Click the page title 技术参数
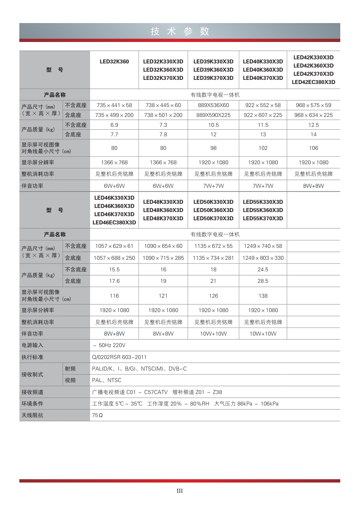click(180, 31)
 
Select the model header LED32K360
click(114, 62)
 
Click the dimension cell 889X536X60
click(213, 105)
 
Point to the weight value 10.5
click(213, 125)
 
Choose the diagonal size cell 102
click(263, 148)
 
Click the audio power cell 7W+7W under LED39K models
click(213, 186)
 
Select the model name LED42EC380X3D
click(313, 82)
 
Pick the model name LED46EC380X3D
click(114, 223)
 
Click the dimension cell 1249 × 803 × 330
click(263, 258)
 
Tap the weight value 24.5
click(263, 270)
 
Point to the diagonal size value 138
click(263, 296)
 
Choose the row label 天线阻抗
click(32, 415)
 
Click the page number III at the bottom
click(180, 491)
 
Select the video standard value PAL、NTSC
click(107, 380)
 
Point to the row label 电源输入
click(32, 345)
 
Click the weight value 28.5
click(263, 281)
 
